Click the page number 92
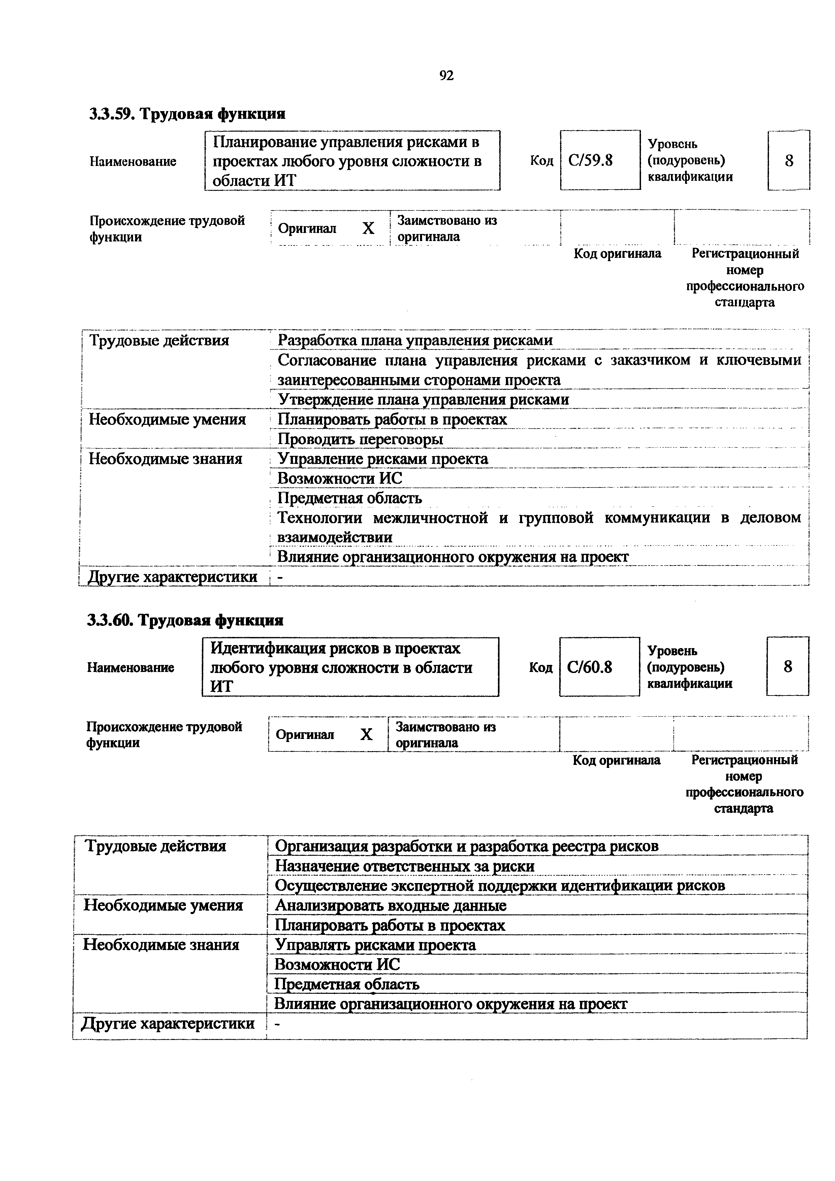(446, 76)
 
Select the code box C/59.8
(600, 161)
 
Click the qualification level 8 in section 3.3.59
(789, 161)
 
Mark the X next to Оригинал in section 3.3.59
(368, 228)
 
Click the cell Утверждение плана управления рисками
(423, 400)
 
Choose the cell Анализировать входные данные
(390, 905)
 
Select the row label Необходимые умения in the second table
(163, 905)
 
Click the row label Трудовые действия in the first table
(159, 340)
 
